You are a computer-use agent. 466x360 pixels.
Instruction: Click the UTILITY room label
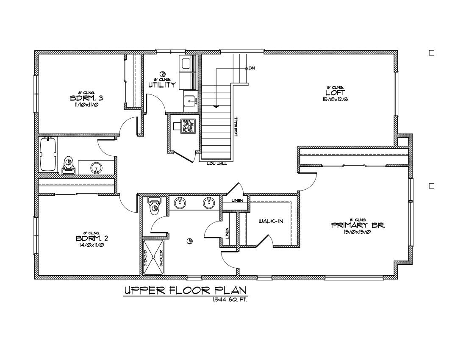(162, 85)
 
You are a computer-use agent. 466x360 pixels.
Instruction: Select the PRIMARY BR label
(358, 225)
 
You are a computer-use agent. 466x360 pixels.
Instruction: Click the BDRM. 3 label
(86, 98)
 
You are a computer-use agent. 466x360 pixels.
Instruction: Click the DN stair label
(252, 68)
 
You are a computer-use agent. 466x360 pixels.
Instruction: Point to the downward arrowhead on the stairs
(216, 106)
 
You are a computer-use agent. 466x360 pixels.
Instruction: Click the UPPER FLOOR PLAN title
(185, 291)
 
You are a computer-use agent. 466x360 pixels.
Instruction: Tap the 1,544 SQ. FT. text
(230, 299)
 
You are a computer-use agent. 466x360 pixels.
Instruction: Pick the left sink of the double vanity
(180, 203)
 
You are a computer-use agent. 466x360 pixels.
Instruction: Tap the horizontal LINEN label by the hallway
(237, 200)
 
